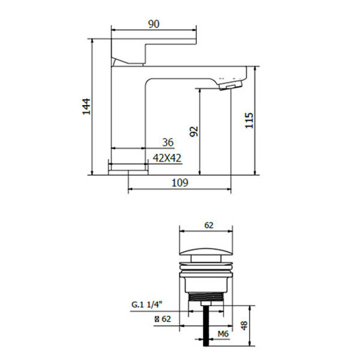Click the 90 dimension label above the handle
click(x=154, y=24)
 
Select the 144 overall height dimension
click(x=86, y=107)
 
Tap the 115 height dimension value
click(x=249, y=121)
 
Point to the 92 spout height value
click(x=194, y=131)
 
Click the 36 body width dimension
click(x=168, y=142)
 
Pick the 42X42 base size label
click(x=167, y=158)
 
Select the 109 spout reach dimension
click(x=180, y=182)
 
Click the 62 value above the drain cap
click(x=209, y=225)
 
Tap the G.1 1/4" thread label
click(x=147, y=305)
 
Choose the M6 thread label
click(x=223, y=334)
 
